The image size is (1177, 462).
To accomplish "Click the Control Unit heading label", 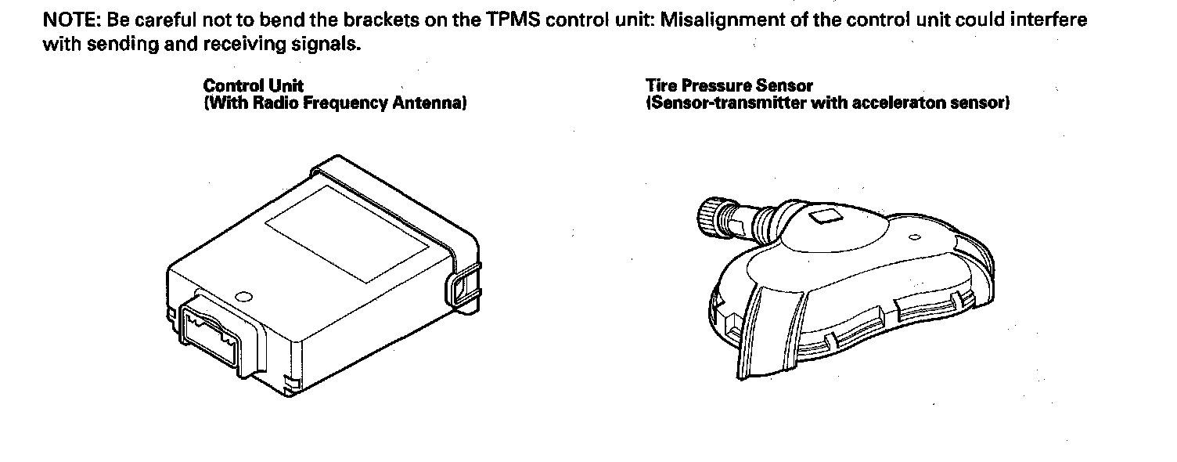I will [253, 86].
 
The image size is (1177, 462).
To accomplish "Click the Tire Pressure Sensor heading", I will [729, 86].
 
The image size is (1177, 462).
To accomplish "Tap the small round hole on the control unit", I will [243, 297].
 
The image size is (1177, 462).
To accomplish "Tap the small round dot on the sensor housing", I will [913, 236].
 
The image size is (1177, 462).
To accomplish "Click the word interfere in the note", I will [1050, 20].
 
